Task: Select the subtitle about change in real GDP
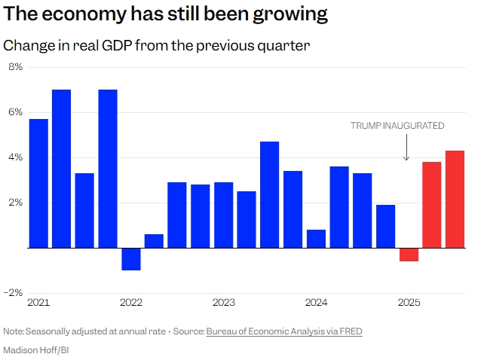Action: click(157, 45)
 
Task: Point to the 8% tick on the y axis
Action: click(15, 67)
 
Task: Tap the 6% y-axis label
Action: click(15, 112)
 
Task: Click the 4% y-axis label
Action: click(15, 157)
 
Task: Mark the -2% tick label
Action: click(14, 293)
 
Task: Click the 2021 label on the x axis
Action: click(38, 303)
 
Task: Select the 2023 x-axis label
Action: click(223, 303)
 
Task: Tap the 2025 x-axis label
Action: click(409, 303)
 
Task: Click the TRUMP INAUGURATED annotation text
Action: click(397, 126)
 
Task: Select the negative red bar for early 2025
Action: click(409, 255)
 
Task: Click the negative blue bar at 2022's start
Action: click(131, 258)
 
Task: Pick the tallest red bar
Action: click(455, 199)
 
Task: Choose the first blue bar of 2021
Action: click(38, 183)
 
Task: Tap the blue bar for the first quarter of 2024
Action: click(316, 239)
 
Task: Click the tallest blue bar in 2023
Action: click(270, 194)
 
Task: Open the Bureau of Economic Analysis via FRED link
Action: click(284, 331)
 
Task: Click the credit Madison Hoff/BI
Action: click(37, 349)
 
